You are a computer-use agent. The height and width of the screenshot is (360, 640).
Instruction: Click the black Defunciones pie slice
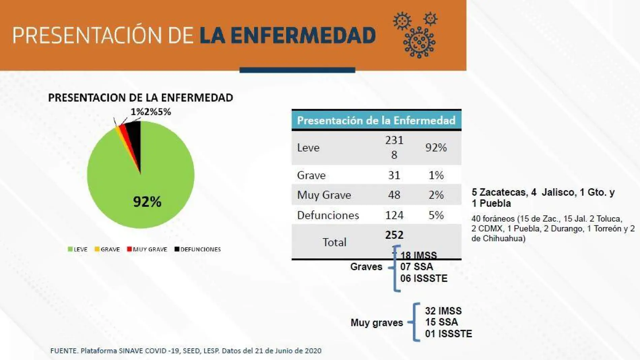tap(135, 135)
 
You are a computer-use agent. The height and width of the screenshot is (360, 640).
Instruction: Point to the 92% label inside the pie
tap(147, 202)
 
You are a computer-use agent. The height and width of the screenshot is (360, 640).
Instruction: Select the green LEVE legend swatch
tap(70, 249)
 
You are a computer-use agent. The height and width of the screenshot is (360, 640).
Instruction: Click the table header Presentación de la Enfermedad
tap(376, 120)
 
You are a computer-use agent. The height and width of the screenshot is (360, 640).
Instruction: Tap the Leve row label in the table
tap(308, 148)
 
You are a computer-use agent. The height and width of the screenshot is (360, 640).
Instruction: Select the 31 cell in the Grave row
tap(394, 175)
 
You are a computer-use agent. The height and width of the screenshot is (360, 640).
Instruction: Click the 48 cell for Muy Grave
tap(394, 195)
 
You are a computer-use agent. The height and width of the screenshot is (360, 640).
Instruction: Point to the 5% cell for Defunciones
tap(436, 215)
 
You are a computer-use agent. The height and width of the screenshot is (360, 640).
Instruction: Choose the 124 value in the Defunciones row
tap(394, 215)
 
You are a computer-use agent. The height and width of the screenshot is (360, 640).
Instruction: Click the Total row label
tap(334, 242)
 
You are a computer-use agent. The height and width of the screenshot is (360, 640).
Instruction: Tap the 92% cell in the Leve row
tap(436, 148)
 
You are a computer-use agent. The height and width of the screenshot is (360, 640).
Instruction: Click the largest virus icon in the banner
tap(419, 42)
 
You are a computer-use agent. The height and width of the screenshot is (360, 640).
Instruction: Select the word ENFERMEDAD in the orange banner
tap(303, 36)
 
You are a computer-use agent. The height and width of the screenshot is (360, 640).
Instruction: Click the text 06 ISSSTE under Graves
tap(424, 278)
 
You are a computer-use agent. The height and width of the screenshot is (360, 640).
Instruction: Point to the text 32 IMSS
tap(443, 311)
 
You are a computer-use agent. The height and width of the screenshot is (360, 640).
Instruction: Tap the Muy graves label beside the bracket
tap(377, 323)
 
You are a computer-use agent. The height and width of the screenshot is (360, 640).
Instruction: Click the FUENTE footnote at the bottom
tap(186, 351)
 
